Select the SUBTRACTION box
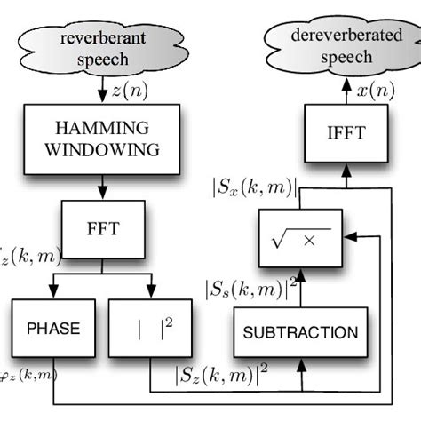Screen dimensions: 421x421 tap(300, 333)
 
